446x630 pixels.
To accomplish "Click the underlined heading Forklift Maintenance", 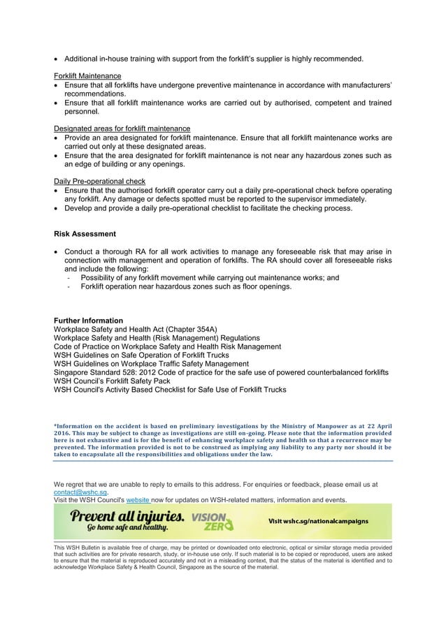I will [87, 75].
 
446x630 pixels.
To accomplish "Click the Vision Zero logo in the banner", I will [213, 521].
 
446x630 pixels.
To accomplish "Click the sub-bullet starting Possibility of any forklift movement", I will [200, 277].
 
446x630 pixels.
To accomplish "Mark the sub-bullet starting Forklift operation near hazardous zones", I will [186, 286].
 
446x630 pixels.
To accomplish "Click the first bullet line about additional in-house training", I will [214, 58].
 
